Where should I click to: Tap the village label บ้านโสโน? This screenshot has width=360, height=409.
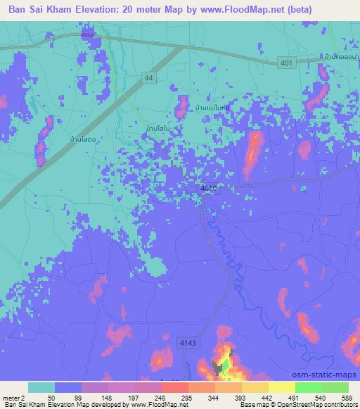pos(156,129)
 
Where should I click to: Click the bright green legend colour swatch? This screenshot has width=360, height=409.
pos(307,387)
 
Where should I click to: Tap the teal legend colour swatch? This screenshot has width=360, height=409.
pos(41,387)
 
